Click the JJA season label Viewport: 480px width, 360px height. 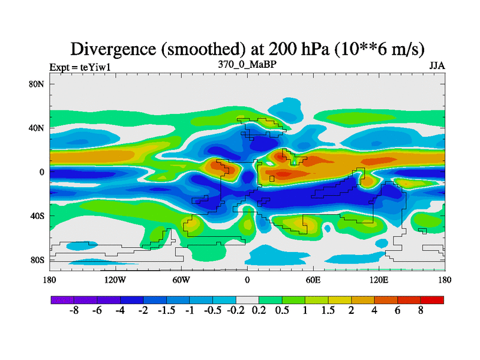click(437, 65)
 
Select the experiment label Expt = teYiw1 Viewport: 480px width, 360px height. click(80, 67)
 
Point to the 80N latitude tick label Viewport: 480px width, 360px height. click(37, 84)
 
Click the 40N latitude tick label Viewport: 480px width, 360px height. click(37, 128)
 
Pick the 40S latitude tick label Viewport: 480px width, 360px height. click(37, 216)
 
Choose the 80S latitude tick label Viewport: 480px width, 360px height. click(37, 260)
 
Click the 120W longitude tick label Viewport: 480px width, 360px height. click(115, 280)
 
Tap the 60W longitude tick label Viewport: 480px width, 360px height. click(181, 280)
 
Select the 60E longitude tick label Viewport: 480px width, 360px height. click(313, 280)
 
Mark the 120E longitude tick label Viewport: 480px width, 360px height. click(379, 280)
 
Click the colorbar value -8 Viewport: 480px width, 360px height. click(74, 312)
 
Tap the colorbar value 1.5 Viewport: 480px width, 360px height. click(328, 312)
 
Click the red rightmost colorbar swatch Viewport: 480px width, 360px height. click(433, 299)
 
